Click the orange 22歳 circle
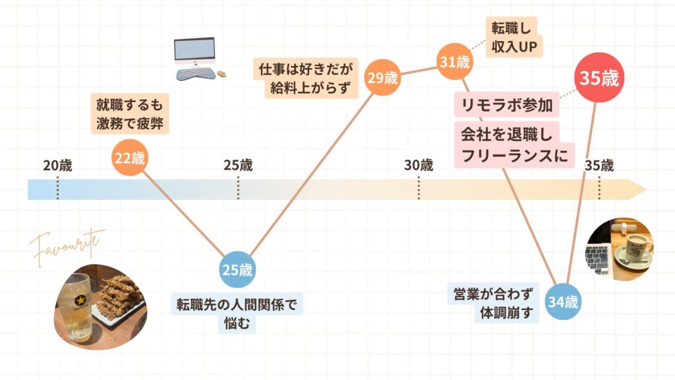click(x=130, y=158)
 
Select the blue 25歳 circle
click(x=237, y=270)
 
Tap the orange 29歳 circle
click(x=382, y=78)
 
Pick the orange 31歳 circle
click(x=454, y=63)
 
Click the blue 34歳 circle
click(x=562, y=303)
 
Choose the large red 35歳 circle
click(x=599, y=79)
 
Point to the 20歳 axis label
click(x=57, y=165)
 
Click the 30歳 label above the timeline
click(x=419, y=165)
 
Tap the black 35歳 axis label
click(x=599, y=165)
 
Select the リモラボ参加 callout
click(x=506, y=105)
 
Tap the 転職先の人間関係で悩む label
click(x=237, y=313)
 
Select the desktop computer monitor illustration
click(x=194, y=51)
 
